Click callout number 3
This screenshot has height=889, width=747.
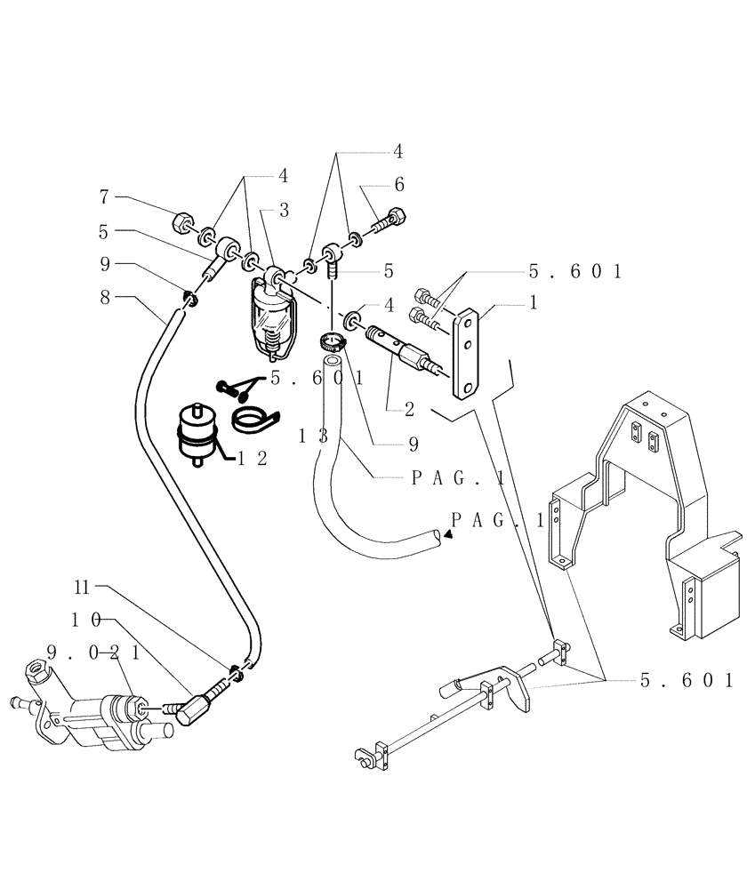click(284, 210)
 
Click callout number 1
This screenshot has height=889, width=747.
click(533, 302)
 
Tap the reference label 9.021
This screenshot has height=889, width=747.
click(93, 653)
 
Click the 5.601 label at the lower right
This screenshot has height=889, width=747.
click(686, 681)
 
